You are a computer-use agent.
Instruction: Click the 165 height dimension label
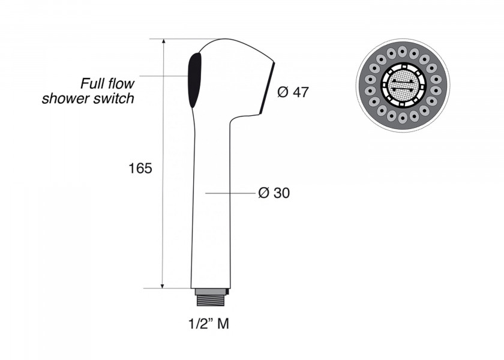140,169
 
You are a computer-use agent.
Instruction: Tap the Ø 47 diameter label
293,92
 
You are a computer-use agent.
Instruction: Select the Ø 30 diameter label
274,193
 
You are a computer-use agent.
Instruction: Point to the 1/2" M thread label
209,323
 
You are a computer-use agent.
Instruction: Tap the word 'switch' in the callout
114,98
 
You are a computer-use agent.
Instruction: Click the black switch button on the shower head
194,80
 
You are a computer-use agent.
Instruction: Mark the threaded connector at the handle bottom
212,298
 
